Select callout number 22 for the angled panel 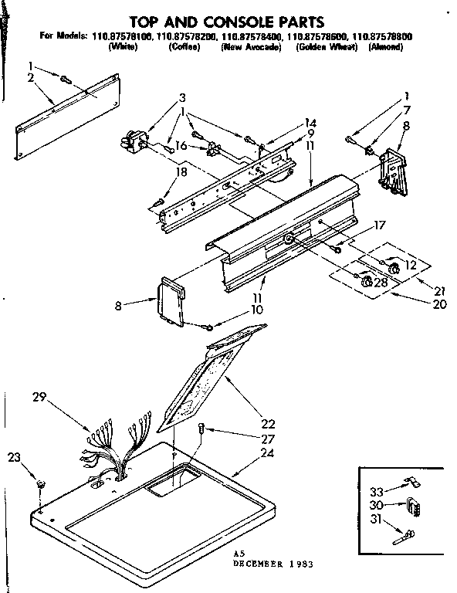click(x=268, y=423)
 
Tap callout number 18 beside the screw click(x=181, y=171)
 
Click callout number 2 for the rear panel click(x=30, y=79)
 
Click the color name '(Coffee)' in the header click(x=184, y=47)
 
